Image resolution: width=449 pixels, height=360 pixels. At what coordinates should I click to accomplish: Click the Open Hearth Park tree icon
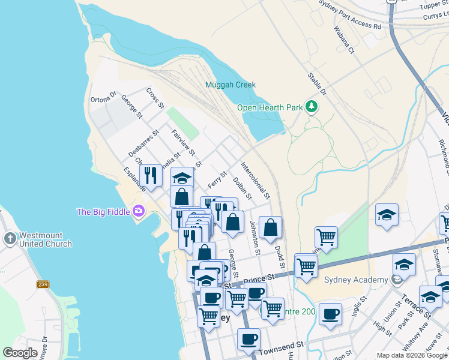[311, 107]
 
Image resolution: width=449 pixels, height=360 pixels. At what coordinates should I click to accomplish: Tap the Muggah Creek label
[231, 85]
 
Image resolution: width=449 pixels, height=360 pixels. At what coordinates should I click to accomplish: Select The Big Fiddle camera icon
[139, 211]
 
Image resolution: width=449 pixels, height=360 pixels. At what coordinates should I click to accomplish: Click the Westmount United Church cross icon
[10, 238]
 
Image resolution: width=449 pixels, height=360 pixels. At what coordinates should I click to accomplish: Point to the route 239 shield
[42, 284]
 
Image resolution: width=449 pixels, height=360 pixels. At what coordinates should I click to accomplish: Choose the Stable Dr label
[316, 85]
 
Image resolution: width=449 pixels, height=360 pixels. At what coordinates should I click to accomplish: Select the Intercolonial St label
[256, 180]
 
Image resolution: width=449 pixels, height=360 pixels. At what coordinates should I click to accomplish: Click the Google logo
[20, 353]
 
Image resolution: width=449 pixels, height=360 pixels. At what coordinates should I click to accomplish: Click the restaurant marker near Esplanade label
[151, 175]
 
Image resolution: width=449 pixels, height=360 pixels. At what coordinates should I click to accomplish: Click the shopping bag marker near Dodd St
[270, 227]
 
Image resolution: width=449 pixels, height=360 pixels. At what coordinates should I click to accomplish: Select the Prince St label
[259, 278]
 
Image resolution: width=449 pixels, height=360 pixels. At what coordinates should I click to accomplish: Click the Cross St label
[155, 98]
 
